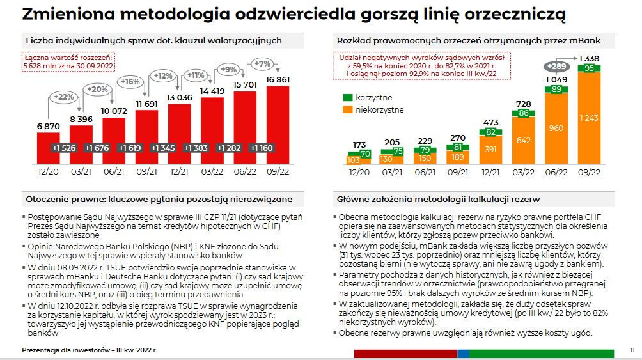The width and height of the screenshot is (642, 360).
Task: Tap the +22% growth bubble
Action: (65, 97)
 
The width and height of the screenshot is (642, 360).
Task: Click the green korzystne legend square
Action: (348, 98)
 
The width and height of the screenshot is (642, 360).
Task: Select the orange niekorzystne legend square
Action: (348, 109)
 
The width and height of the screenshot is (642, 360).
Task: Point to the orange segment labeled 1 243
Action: (590, 118)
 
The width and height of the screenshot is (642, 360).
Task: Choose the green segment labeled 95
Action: (590, 68)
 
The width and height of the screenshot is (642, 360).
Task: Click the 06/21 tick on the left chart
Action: (110, 171)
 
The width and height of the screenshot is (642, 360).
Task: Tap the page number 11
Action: (631, 350)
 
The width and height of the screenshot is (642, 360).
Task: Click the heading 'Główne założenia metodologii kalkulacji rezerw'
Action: (433, 198)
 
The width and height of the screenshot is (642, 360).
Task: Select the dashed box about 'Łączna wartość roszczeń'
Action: (68, 61)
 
